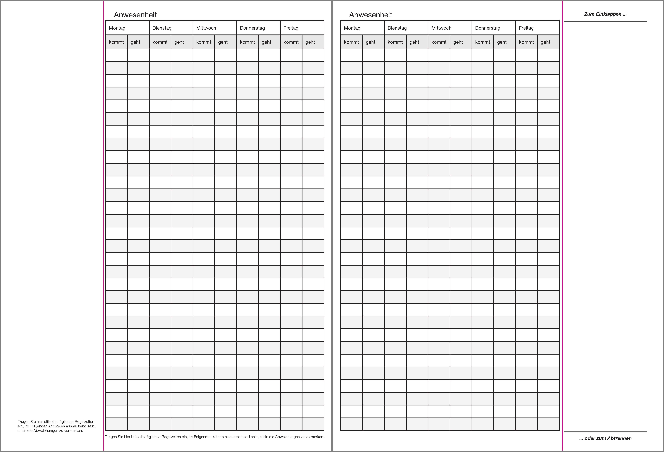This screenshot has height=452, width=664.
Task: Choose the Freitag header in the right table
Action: tap(526, 28)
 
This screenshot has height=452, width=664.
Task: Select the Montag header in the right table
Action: tap(352, 28)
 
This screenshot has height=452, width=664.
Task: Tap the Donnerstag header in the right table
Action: tap(487, 28)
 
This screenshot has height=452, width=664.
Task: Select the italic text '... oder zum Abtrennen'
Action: tap(605, 438)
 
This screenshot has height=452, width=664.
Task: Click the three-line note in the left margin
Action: tap(56, 426)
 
